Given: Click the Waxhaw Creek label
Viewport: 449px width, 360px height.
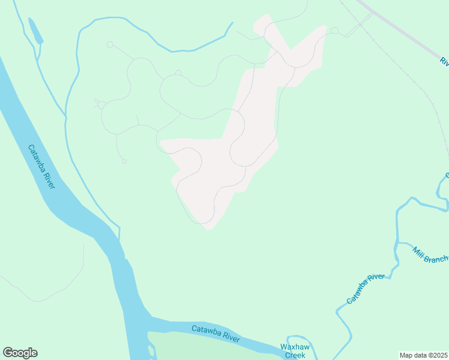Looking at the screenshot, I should click(295, 351).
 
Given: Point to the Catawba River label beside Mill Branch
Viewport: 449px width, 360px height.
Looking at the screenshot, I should click(365, 289).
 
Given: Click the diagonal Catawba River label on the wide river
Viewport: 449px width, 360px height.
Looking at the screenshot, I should click(41, 167).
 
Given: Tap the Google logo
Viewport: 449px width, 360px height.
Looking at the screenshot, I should click(20, 353).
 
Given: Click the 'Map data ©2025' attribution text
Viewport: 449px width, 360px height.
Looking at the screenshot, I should click(423, 355).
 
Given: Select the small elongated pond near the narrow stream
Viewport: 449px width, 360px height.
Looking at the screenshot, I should click(35, 31).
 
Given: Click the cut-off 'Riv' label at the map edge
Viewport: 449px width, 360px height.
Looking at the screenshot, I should click(444, 61).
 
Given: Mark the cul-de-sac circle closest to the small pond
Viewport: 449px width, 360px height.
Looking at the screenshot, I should click(110, 44).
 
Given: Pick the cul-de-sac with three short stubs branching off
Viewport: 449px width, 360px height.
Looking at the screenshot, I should click(102, 106).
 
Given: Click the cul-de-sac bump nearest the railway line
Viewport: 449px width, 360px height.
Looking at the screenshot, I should click(334, 31).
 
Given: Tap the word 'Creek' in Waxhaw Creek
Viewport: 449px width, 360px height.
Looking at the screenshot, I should click(295, 355).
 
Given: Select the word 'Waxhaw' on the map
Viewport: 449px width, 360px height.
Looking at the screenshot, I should click(295, 347).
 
